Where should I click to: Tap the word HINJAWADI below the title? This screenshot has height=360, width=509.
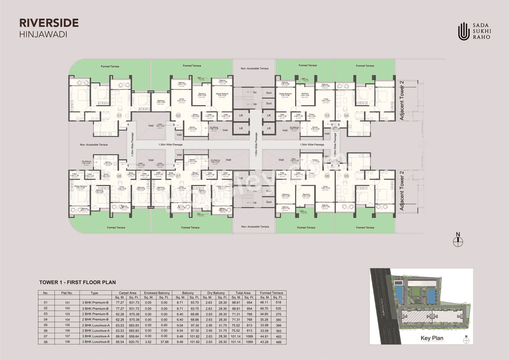tap(43, 34)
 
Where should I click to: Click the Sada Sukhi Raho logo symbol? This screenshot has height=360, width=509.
tap(463, 31)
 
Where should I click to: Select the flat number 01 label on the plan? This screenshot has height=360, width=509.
tap(119, 116)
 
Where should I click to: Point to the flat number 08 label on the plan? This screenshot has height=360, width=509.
tap(119, 175)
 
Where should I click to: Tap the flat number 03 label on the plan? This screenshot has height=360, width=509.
tap(327, 116)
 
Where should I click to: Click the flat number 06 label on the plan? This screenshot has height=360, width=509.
tap(327, 176)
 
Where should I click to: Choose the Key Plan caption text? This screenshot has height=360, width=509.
tap(432, 339)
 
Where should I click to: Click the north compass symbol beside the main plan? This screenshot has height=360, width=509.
tap(458, 240)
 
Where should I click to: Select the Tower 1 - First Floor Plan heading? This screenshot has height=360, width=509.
tap(77, 282)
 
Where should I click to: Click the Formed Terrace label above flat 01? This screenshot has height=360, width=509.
tap(110, 66)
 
